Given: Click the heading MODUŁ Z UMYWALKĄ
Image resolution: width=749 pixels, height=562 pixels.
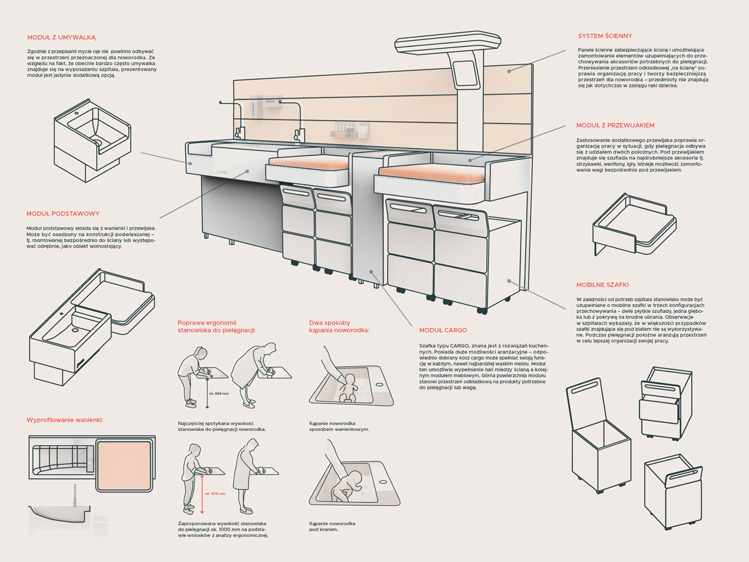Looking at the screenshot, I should tap(61, 37).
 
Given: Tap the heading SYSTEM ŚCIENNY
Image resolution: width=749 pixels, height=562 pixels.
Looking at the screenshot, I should tap(605, 36).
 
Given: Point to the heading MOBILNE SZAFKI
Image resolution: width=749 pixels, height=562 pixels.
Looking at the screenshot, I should tap(602, 284).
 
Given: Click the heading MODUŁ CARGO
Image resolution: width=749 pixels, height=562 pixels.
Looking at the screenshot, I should tap(443, 330).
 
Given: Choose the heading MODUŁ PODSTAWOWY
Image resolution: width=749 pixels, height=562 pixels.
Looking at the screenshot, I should tap(62, 214).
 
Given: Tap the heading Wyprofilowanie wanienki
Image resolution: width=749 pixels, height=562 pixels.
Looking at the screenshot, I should tap(64, 420).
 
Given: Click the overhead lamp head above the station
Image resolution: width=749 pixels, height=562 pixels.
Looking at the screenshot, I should tap(448, 44).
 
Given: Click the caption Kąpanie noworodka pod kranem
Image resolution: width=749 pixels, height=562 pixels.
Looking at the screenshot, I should tap(332, 526).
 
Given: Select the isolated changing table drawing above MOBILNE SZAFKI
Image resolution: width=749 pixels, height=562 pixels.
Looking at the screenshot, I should tap(633, 225).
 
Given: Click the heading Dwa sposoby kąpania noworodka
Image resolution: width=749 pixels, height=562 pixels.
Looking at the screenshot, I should tap(340, 326).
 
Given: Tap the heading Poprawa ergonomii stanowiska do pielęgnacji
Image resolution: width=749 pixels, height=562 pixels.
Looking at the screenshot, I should tap(217, 326).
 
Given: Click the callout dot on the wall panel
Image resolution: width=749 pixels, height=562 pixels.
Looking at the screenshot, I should tap(509, 71).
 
